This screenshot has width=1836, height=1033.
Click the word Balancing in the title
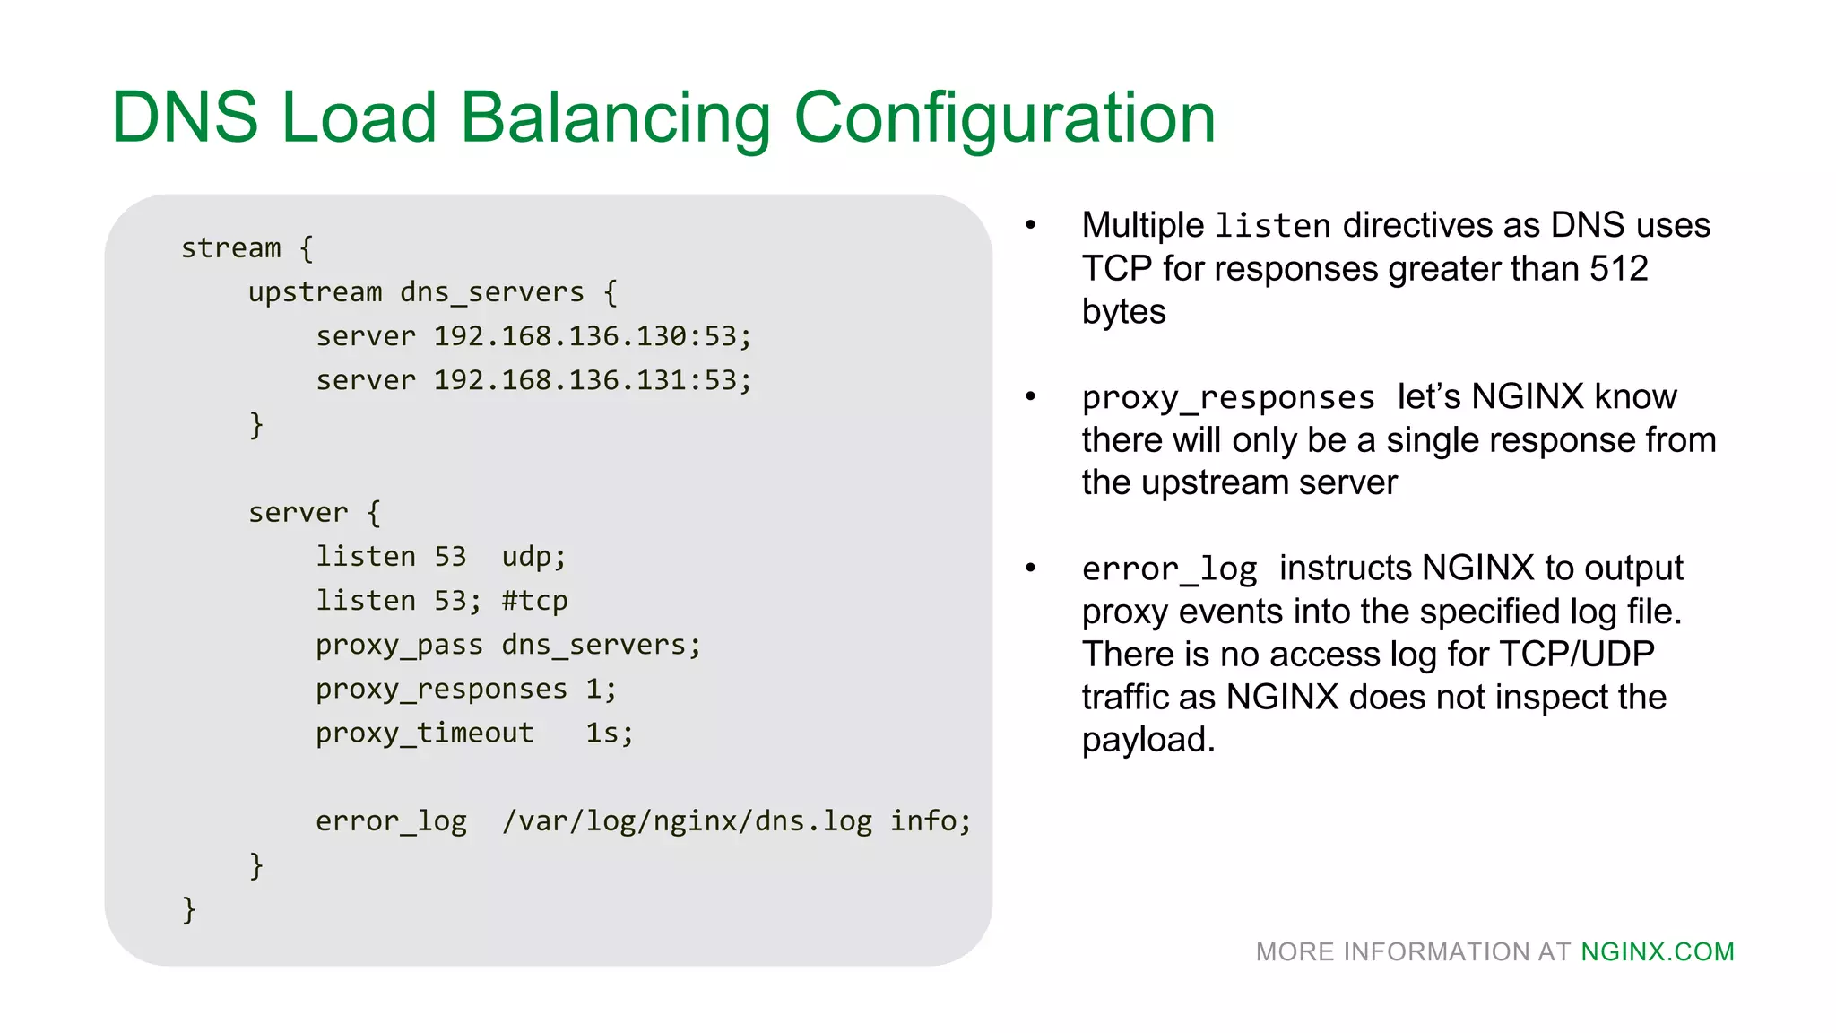(616, 117)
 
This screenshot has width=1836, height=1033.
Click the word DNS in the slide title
(185, 117)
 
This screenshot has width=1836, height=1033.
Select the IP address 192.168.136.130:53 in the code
(592, 336)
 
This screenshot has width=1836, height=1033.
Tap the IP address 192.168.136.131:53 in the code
(592, 380)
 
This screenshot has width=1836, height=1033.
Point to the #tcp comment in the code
(535, 601)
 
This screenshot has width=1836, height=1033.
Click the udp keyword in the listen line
(533, 557)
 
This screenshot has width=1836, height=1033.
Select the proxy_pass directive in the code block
(399, 646)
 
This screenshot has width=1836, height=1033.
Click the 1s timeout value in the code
(610, 734)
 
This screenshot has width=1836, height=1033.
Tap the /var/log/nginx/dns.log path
(687, 821)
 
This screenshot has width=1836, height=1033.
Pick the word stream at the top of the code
(231, 248)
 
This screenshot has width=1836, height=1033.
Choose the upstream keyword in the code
(315, 292)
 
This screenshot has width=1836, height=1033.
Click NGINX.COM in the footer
(1658, 951)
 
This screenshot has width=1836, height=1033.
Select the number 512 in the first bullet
(1619, 268)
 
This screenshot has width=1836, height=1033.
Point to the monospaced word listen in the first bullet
(1273, 226)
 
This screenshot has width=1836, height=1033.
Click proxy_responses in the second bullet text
(1228, 397)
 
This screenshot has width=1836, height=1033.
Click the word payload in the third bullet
(1147, 741)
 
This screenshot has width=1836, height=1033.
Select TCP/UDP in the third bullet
(1577, 655)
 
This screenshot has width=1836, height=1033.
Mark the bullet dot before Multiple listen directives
(1031, 225)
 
